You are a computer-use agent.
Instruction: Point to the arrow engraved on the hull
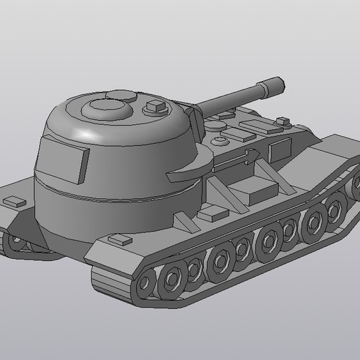pyautogui.click(x=238, y=156)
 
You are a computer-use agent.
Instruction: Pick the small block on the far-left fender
pyautogui.click(x=13, y=201)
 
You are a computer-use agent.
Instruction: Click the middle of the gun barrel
pyautogui.click(x=230, y=99)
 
